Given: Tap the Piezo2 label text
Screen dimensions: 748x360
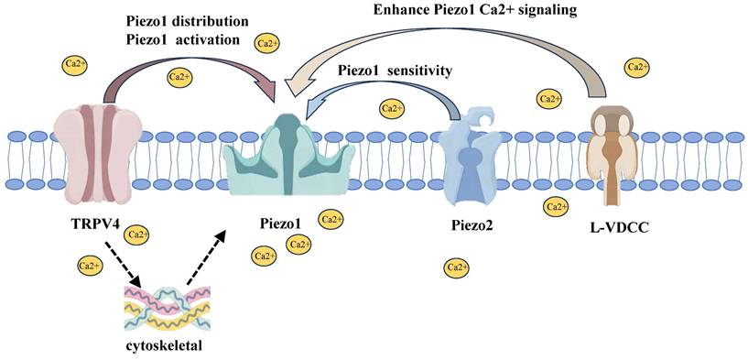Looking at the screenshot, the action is pyautogui.click(x=472, y=226).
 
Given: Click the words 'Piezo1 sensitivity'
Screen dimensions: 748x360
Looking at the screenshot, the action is pyautogui.click(x=394, y=72).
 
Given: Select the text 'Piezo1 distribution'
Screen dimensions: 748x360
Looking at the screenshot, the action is pyautogui.click(x=187, y=23).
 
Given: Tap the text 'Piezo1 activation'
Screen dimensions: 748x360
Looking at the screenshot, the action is pyautogui.click(x=183, y=39).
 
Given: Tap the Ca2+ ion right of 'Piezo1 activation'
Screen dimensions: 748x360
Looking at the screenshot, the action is pyautogui.click(x=267, y=44).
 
